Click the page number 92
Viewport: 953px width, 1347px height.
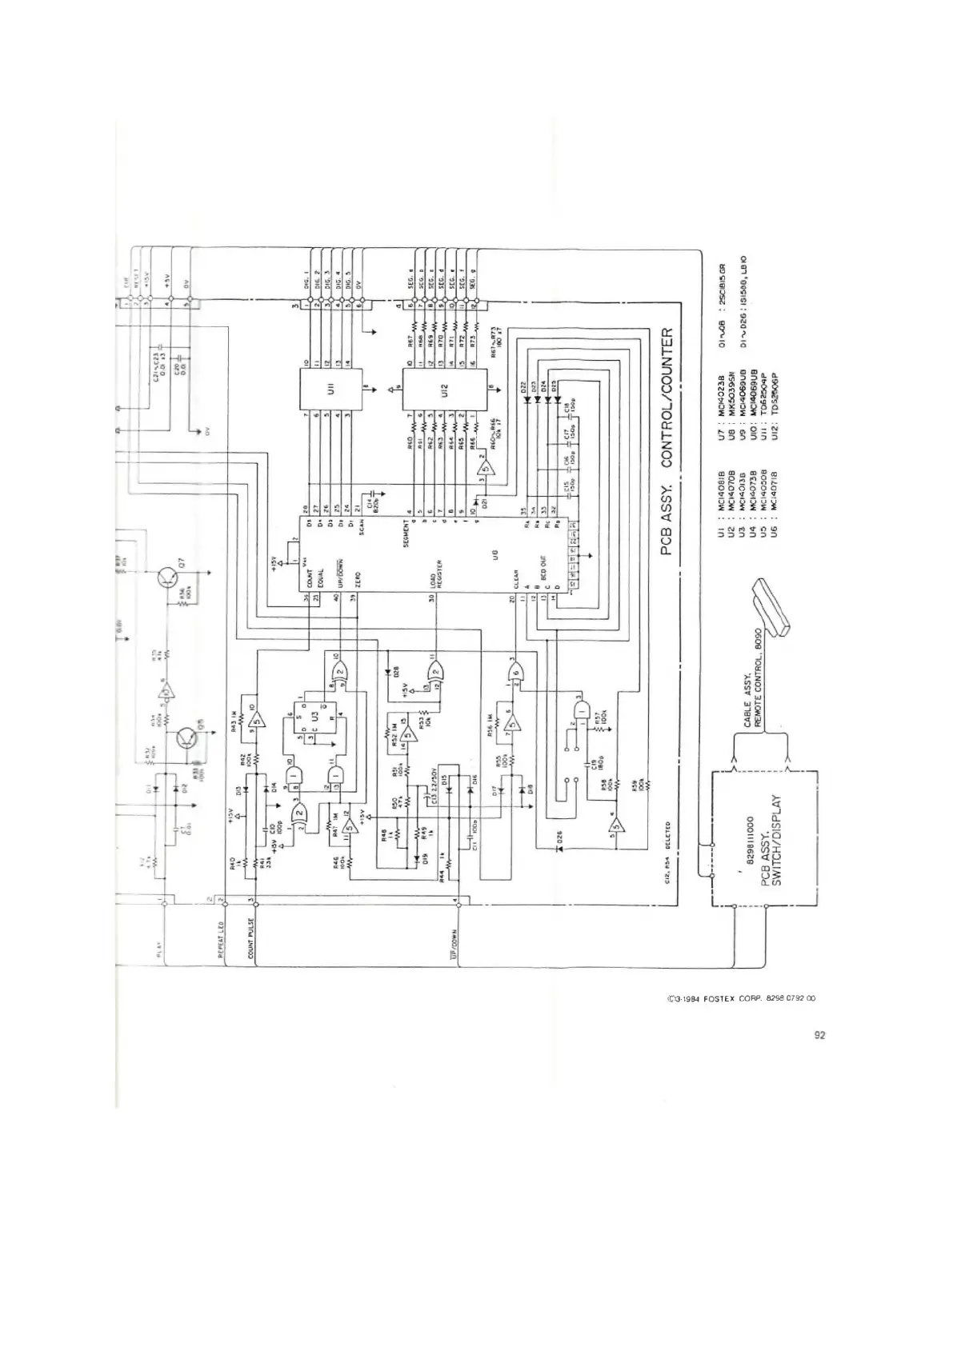(819, 1035)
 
